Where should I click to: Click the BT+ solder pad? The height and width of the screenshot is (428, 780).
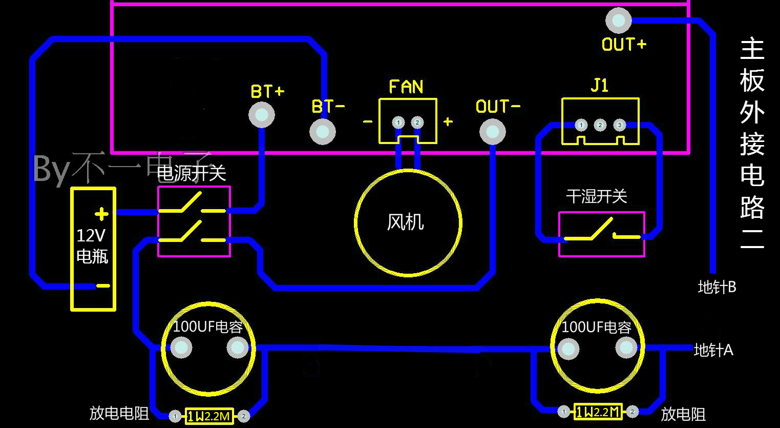(262, 115)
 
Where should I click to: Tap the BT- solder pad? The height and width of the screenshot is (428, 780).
(323, 132)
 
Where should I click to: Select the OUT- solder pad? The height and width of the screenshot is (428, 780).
(492, 132)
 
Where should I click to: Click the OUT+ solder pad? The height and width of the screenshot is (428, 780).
(619, 21)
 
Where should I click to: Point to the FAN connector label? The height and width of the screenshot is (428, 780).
(406, 87)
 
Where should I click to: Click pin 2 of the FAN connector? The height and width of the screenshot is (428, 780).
(417, 123)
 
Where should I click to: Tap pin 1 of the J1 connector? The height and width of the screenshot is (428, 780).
(581, 125)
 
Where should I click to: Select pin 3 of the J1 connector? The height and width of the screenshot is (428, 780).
(620, 125)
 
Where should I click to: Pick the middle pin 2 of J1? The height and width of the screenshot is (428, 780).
(600, 125)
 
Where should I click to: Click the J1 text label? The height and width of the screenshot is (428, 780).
(600, 86)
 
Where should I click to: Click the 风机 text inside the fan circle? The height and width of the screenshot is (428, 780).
(405, 222)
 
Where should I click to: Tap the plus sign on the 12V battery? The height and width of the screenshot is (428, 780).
(102, 214)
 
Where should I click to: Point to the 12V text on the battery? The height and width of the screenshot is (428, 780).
(91, 236)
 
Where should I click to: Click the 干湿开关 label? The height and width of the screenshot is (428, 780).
(597, 196)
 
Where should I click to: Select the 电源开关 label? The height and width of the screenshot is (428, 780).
(192, 173)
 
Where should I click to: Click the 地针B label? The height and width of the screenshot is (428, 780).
(717, 288)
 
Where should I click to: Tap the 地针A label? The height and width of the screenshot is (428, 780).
(713, 350)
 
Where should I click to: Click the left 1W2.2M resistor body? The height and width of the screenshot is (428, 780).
(209, 416)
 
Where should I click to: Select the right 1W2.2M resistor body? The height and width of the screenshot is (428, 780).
(598, 412)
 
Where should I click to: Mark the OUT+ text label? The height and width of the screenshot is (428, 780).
(624, 45)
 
